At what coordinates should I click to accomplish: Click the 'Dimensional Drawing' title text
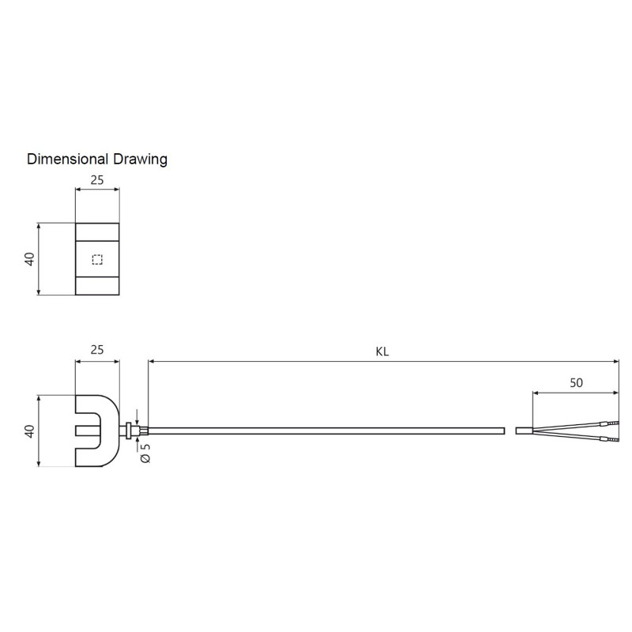pyautogui.click(x=97, y=159)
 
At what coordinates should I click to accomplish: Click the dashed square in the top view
pyautogui.click(x=97, y=259)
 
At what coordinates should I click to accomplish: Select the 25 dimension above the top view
pyautogui.click(x=97, y=179)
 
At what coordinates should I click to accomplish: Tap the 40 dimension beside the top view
pyautogui.click(x=29, y=259)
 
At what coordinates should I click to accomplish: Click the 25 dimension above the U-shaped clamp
pyautogui.click(x=97, y=348)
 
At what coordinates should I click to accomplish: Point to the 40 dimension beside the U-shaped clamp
pyautogui.click(x=29, y=431)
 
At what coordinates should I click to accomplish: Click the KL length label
pyautogui.click(x=382, y=352)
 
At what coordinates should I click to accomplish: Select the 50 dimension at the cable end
pyautogui.click(x=576, y=382)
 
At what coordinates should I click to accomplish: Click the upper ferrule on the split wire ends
pyautogui.click(x=608, y=424)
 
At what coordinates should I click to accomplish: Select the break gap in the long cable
pyautogui.click(x=510, y=431)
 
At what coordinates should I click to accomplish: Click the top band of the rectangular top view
pyautogui.click(x=97, y=232)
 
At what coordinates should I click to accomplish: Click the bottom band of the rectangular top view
pyautogui.click(x=97, y=285)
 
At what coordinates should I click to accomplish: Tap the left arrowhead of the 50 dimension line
pyautogui.click(x=536, y=392)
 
